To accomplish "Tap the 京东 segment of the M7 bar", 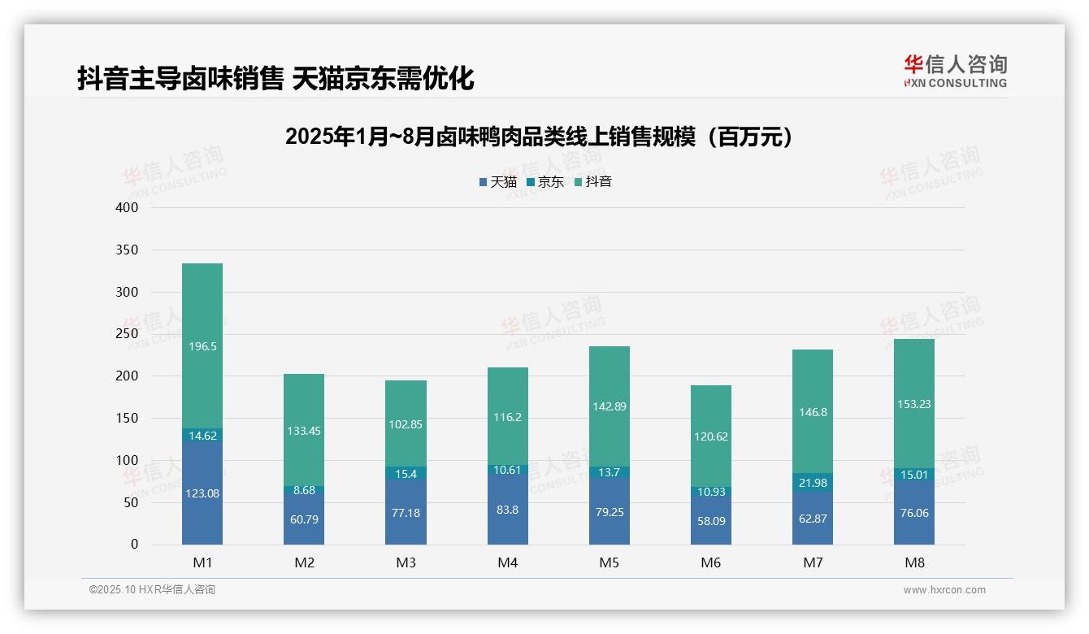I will (x=813, y=482).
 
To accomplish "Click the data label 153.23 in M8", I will (x=914, y=404).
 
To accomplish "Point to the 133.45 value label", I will (x=304, y=431).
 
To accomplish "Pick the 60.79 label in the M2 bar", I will (x=304, y=519).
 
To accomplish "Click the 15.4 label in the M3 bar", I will (x=406, y=473).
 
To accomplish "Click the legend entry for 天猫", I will (x=498, y=182).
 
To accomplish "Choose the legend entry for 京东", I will (x=545, y=182).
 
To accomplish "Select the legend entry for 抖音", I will (x=593, y=182).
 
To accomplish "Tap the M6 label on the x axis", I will (x=711, y=563).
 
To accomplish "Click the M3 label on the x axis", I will (x=406, y=563).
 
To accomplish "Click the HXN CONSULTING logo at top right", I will (x=955, y=72).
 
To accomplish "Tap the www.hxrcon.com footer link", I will (x=944, y=590).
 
